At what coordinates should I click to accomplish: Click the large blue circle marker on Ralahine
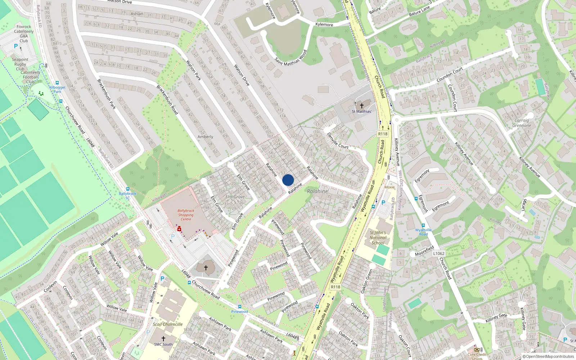(x=288, y=180)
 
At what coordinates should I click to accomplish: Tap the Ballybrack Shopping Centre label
(x=186, y=215)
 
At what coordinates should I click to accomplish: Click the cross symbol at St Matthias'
(x=362, y=105)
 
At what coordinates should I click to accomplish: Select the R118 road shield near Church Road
(x=383, y=134)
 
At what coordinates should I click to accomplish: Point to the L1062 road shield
(x=438, y=253)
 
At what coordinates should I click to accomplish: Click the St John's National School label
(x=378, y=238)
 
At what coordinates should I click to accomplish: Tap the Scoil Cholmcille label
(x=168, y=324)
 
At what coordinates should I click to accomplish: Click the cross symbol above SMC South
(x=163, y=338)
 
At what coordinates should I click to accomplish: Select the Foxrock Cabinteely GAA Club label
(x=24, y=33)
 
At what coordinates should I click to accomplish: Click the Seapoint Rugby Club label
(x=20, y=64)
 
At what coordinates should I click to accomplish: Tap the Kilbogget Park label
(x=57, y=89)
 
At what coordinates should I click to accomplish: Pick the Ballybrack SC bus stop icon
(x=127, y=189)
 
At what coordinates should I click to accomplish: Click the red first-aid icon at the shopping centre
(x=179, y=229)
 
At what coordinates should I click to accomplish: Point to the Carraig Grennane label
(x=522, y=123)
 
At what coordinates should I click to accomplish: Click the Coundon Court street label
(x=450, y=75)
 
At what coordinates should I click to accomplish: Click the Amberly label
(x=205, y=137)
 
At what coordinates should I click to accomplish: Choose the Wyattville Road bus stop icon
(x=423, y=226)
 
